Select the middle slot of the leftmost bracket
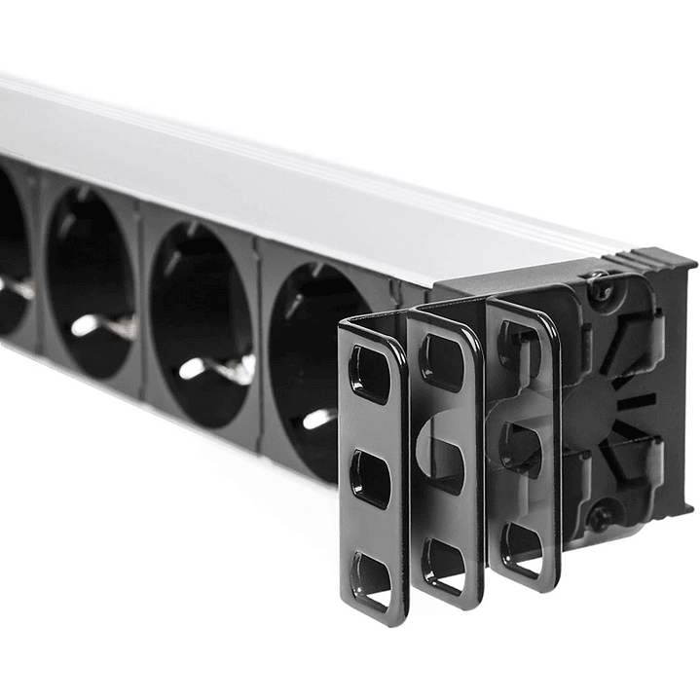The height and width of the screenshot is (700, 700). [x=371, y=477]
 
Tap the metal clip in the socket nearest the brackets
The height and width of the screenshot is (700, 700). [x=318, y=418]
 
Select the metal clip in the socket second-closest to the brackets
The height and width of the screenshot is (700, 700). [x=209, y=369]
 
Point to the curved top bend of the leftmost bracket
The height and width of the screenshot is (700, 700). [x=370, y=325]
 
